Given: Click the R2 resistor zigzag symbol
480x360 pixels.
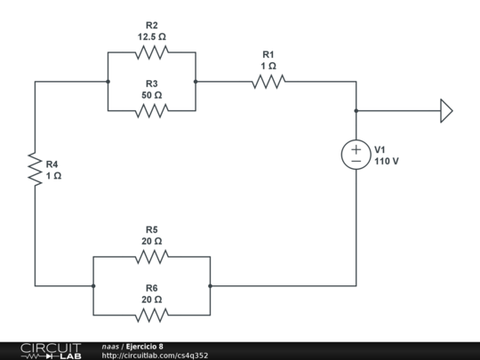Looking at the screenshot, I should (x=151, y=52).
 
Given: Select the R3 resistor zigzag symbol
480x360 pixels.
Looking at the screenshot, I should (x=151, y=111).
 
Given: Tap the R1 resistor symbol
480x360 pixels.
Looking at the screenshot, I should (x=268, y=82).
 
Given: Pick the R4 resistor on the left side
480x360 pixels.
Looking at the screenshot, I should (x=36, y=169).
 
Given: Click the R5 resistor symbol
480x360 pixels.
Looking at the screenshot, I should (x=151, y=257).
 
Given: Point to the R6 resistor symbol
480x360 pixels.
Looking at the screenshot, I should (x=151, y=315).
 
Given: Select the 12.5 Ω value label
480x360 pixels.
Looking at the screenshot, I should (x=151, y=37).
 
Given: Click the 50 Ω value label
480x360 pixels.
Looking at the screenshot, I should (x=151, y=95).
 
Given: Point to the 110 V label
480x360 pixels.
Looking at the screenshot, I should (x=387, y=162).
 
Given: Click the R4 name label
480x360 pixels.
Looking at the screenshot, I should (x=53, y=164).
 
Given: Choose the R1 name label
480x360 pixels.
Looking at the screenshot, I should (x=268, y=54).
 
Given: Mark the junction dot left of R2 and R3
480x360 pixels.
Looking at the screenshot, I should (x=108, y=82).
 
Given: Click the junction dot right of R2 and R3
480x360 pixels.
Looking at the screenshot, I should (x=196, y=82).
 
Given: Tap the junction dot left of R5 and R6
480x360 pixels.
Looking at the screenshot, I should (x=93, y=286).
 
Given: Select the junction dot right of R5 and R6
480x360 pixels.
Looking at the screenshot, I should (x=210, y=286).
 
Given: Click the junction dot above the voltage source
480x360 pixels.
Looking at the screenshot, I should (x=356, y=111).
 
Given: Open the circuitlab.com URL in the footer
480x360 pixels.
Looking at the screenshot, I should (x=155, y=356).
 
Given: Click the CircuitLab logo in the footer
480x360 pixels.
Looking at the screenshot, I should (x=51, y=350).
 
